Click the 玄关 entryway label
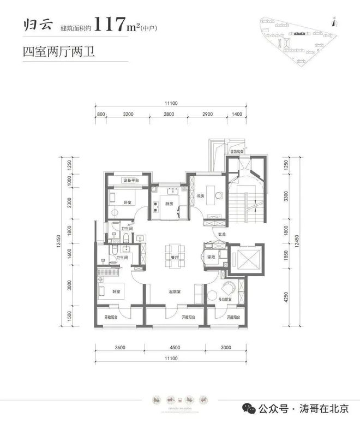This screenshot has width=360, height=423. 222,235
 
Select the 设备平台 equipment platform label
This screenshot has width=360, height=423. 129,180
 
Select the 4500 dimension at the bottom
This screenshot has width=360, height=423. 174,347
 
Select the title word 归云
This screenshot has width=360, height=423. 35,25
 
